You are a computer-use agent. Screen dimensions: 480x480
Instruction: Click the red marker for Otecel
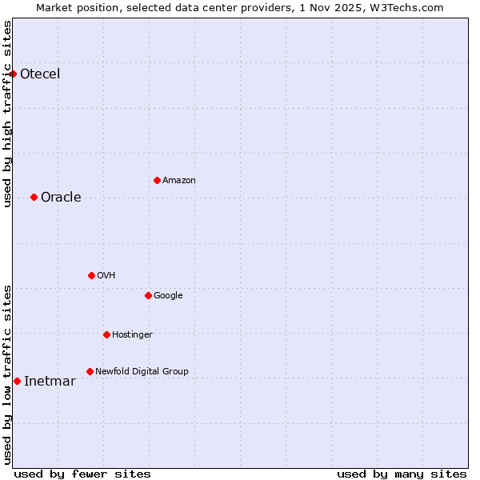13,74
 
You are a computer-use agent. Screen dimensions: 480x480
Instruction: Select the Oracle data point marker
34,197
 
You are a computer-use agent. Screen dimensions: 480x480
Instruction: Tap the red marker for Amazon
157,180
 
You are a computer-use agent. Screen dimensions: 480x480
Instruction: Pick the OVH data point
91,275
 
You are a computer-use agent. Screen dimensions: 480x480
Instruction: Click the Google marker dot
148,295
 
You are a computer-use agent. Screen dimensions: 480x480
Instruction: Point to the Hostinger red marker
106,334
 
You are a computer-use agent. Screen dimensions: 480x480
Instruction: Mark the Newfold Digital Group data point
90,371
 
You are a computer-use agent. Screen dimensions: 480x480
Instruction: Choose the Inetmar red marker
17,381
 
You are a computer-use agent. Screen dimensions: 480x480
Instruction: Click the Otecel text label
40,74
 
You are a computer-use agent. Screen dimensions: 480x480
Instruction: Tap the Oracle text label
61,198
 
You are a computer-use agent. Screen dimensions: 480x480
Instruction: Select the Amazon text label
178,181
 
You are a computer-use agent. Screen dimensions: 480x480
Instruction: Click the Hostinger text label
132,334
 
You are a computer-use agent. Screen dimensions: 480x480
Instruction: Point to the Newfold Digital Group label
142,371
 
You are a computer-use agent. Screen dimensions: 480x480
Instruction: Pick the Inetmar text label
50,382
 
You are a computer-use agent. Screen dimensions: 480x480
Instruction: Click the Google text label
168,296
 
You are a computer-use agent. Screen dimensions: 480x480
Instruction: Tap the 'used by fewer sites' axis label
82,474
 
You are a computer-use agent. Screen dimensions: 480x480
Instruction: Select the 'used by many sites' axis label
402,474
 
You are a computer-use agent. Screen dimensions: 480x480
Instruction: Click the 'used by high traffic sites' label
8,114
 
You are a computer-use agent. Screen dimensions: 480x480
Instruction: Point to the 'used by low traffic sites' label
8,374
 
